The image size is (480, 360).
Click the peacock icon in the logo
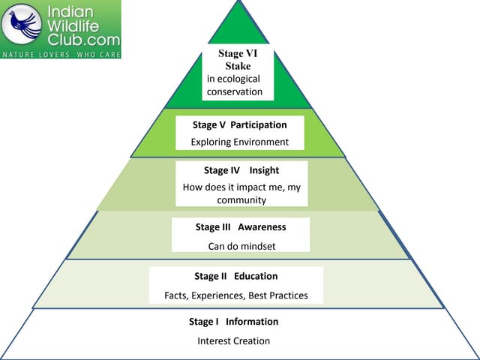(x=22, y=25)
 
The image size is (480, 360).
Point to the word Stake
(x=238, y=66)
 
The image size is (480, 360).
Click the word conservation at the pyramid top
(x=235, y=91)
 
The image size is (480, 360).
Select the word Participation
(x=259, y=124)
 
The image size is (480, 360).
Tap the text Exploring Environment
(x=240, y=142)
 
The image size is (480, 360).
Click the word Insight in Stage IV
(x=264, y=170)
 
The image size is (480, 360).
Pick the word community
(x=241, y=200)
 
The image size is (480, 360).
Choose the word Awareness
(x=262, y=226)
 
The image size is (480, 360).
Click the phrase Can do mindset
(x=239, y=245)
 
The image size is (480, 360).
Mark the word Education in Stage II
(x=256, y=276)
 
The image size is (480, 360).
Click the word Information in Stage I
(x=252, y=322)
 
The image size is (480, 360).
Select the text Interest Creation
(x=233, y=341)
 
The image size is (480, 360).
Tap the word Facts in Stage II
(x=176, y=295)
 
